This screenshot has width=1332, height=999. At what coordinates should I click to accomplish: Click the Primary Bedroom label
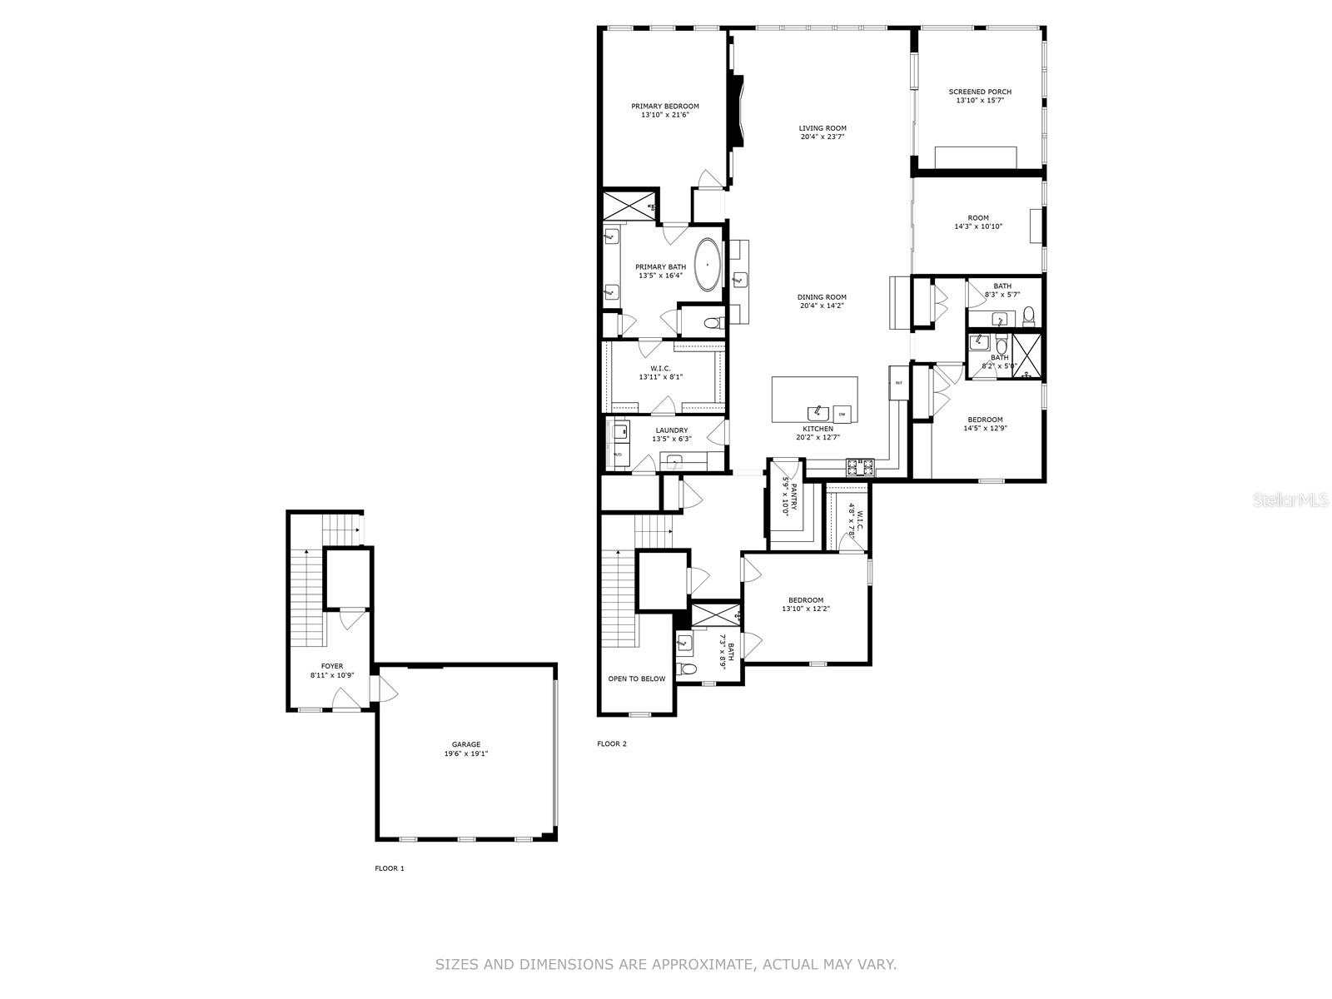click(664, 107)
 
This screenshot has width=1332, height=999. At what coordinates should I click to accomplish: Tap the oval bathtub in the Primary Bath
click(708, 265)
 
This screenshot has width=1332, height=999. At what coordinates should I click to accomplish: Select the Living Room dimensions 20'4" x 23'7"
click(823, 137)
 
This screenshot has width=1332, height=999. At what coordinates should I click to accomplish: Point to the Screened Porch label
click(980, 92)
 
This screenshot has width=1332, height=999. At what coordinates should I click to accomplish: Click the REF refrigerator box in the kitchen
click(898, 383)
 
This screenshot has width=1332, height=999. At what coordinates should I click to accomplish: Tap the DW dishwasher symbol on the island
click(842, 414)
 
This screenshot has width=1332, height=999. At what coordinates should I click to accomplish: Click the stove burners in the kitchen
click(859, 467)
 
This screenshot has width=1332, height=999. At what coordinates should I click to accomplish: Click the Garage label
click(465, 744)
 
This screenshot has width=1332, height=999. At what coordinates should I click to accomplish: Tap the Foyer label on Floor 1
click(331, 666)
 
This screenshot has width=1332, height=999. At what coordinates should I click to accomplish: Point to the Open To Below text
click(636, 678)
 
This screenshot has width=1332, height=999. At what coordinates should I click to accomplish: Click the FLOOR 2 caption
click(611, 743)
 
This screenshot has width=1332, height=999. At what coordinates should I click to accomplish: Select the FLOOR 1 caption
click(389, 868)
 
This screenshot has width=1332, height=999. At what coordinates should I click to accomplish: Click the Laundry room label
click(671, 430)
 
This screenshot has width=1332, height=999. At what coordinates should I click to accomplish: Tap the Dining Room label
click(822, 297)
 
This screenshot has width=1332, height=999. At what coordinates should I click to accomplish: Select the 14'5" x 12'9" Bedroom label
click(985, 420)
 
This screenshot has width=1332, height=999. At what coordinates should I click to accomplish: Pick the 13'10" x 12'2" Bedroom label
click(805, 600)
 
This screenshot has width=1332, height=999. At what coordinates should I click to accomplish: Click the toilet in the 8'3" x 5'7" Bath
click(1028, 315)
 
